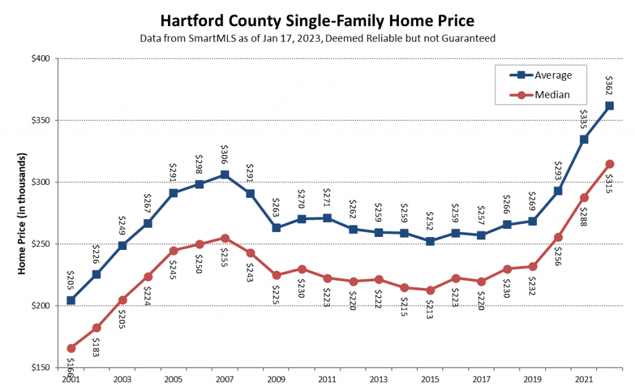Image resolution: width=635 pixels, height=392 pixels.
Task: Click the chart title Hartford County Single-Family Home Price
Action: pos(317,20)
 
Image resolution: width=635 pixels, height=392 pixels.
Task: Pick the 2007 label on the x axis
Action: pos(224,378)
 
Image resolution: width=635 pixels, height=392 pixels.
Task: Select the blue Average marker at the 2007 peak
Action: pos(224,175)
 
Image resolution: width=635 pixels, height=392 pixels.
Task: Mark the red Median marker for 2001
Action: pos(71,348)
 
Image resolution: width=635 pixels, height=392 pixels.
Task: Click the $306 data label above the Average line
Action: pos(224,153)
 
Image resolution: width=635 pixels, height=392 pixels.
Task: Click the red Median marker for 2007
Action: pos(224,238)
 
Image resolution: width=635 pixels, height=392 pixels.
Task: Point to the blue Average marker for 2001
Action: pos(71,300)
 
